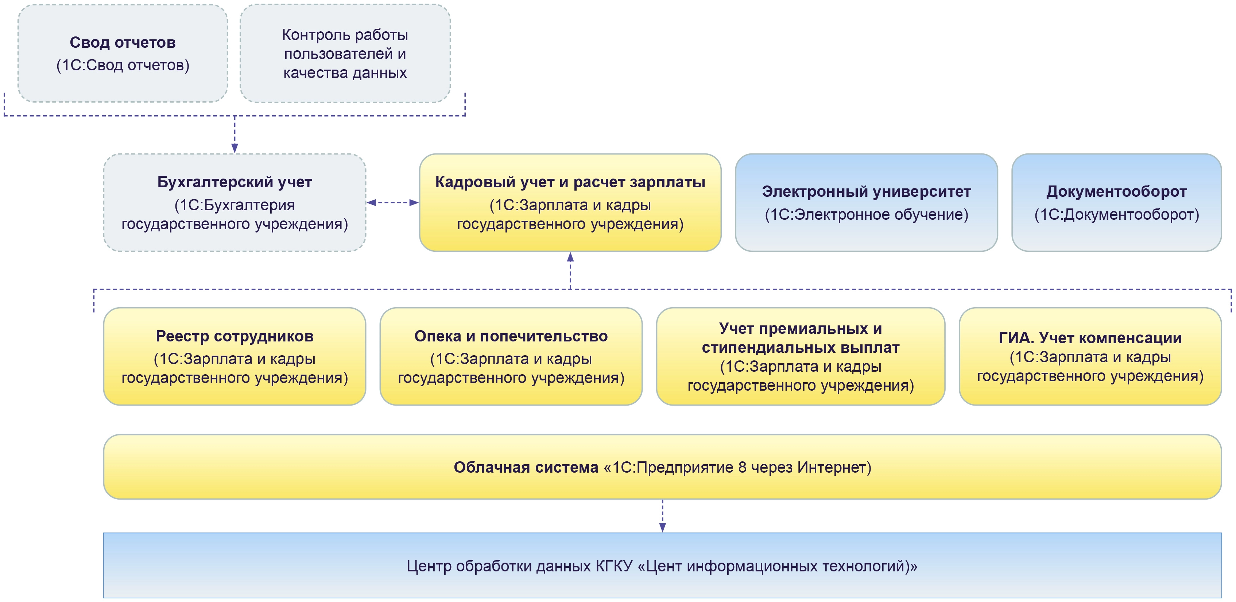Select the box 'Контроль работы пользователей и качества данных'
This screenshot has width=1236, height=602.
coord(345,54)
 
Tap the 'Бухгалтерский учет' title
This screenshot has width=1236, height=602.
coord(234,182)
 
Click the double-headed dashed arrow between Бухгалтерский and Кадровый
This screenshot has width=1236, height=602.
coord(392,202)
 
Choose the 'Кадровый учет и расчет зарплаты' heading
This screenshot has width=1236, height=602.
coord(570,182)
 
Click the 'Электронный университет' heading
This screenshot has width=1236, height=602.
coord(866,192)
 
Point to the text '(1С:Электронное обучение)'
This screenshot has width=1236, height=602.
coord(866,214)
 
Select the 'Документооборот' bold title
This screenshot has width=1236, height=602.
coord(1116,192)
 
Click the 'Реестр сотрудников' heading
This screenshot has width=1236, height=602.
coord(234,336)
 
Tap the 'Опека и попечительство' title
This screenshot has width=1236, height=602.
coord(511,336)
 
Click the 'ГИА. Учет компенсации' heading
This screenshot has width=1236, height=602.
coord(1090,338)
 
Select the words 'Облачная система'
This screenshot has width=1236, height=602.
coord(526,467)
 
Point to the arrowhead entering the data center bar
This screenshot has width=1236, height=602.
coord(662,527)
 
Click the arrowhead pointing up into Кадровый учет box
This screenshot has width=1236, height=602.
coord(570,257)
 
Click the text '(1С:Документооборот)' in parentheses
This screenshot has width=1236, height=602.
coord(1116,214)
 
